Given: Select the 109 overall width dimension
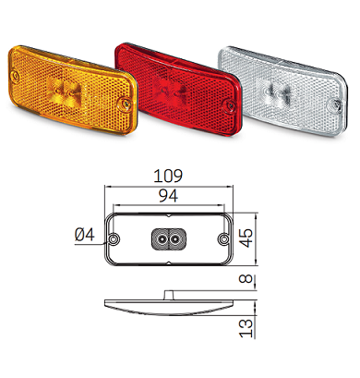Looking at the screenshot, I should [169, 173].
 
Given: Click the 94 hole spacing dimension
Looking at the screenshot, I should [169, 196].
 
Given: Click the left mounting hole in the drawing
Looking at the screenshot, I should [114, 239].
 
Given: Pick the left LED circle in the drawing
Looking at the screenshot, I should [162, 239].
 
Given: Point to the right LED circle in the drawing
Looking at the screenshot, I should [175, 239].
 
